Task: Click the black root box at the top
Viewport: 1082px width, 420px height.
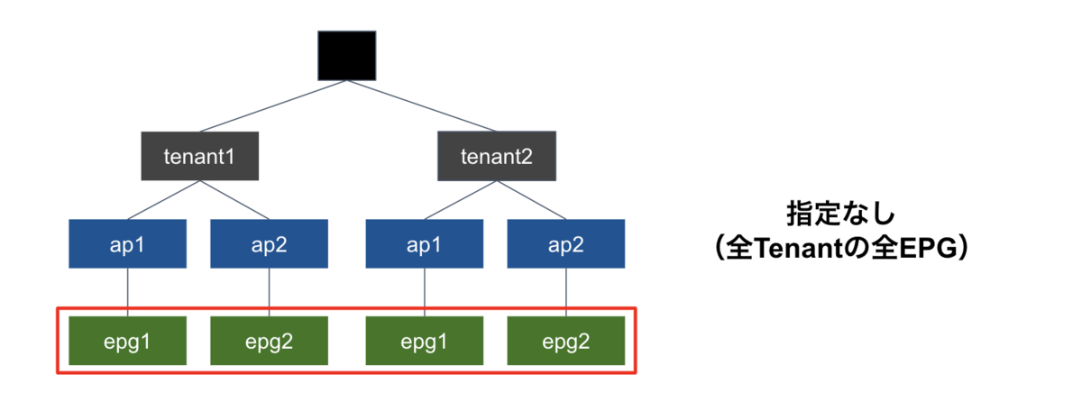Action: click(x=347, y=56)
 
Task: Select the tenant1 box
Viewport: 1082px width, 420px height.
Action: click(x=200, y=156)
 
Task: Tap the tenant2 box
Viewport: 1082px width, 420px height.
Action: click(x=497, y=156)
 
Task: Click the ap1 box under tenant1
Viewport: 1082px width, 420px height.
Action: click(x=127, y=243)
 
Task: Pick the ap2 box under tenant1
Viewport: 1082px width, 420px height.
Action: click(x=269, y=243)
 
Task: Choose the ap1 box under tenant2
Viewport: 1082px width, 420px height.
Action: click(x=425, y=243)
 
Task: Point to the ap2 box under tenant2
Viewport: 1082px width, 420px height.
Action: click(x=566, y=243)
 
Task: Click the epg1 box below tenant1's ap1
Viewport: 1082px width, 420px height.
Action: click(x=127, y=341)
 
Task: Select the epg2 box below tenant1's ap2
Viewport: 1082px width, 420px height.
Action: click(x=269, y=341)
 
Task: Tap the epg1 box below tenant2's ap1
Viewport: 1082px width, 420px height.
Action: click(x=425, y=341)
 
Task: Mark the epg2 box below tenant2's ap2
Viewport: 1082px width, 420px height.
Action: click(x=566, y=341)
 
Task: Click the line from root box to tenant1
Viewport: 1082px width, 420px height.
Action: click(x=273, y=106)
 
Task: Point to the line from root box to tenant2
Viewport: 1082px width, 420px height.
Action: click(x=422, y=105)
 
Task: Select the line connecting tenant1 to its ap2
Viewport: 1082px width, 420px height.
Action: click(x=234, y=200)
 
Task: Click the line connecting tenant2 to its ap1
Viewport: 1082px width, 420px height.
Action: click(x=461, y=200)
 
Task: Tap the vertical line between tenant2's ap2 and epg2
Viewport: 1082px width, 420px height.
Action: click(x=566, y=293)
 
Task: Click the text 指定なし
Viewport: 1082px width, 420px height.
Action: click(x=841, y=214)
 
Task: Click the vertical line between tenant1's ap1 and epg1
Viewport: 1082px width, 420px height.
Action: click(x=127, y=293)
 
